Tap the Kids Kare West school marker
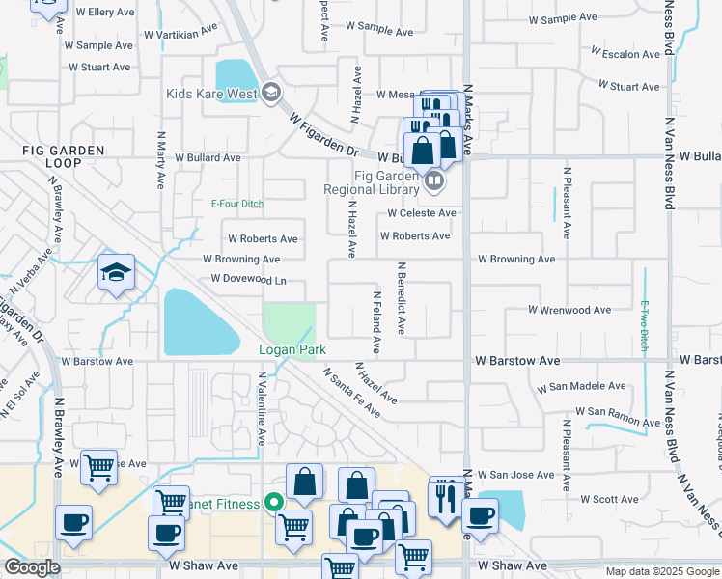pyautogui.click(x=271, y=94)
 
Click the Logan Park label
pyautogui.click(x=292, y=349)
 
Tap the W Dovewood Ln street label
pyautogui.click(x=243, y=281)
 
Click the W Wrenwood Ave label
pyautogui.click(x=569, y=310)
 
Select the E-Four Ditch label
pyautogui.click(x=237, y=204)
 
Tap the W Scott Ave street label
pyautogui.click(x=610, y=499)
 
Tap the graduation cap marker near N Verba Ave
pyautogui.click(x=116, y=272)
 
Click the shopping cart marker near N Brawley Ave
pyautogui.click(x=98, y=468)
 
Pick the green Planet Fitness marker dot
pyautogui.click(x=273, y=503)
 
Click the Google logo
pyautogui.click(x=33, y=568)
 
